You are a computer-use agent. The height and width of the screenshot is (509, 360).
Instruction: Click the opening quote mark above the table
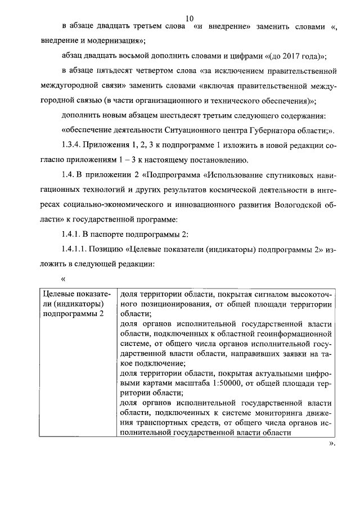(x=64, y=278)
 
